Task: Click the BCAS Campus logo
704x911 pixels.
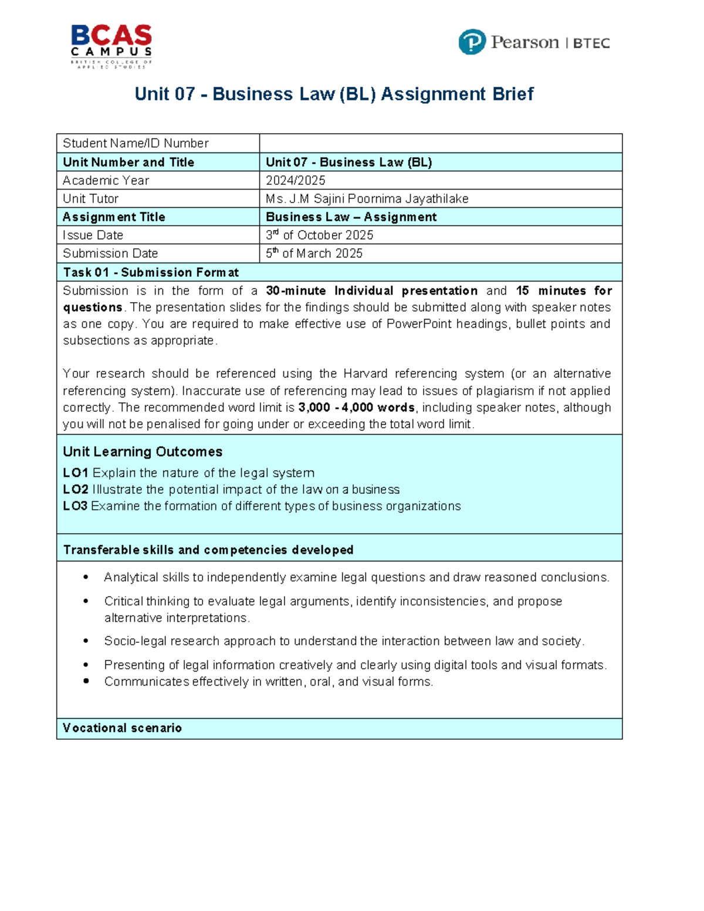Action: (111, 46)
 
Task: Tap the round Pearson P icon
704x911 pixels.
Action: (472, 42)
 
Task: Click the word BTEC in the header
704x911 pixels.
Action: (591, 43)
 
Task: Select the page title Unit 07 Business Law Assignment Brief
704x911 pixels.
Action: (334, 94)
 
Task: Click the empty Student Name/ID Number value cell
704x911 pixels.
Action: (440, 143)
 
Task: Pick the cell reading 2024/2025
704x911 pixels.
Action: (296, 180)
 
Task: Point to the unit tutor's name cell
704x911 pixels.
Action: (367, 198)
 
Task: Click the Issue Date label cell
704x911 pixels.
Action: (93, 235)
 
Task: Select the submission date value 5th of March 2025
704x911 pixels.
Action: (314, 253)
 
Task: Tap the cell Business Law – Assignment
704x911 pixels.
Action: (351, 217)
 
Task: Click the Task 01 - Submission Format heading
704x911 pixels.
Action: (151, 272)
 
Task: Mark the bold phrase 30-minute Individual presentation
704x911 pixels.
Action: (371, 290)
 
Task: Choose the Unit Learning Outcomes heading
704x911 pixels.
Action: (143, 452)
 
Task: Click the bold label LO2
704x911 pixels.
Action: (76, 489)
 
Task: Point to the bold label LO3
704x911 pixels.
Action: (75, 506)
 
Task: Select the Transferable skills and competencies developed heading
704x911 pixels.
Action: (208, 550)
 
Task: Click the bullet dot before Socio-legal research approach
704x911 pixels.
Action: (86, 641)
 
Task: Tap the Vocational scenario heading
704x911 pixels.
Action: (122, 728)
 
